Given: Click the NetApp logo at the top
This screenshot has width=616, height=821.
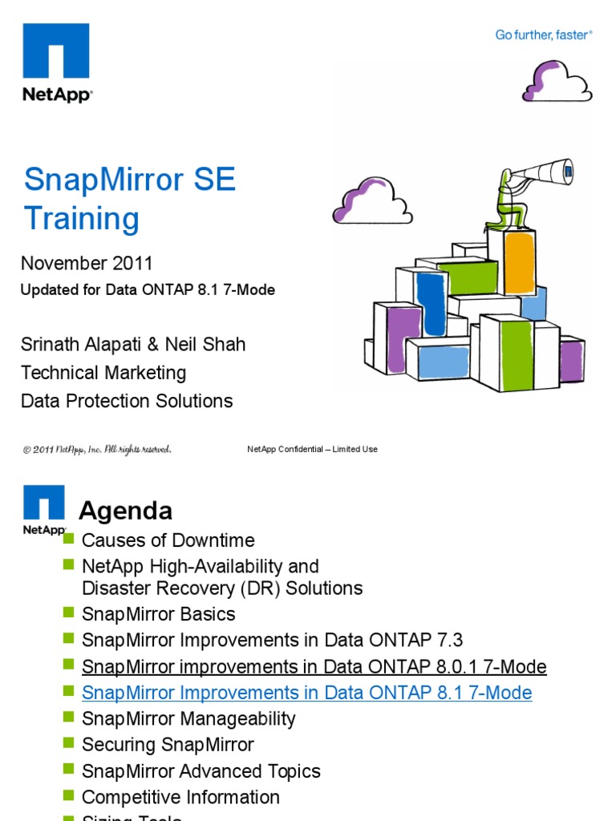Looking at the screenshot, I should click(x=56, y=62).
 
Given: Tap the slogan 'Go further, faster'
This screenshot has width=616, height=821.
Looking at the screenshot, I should click(x=543, y=35).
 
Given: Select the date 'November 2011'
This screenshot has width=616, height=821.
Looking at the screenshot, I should click(x=87, y=263).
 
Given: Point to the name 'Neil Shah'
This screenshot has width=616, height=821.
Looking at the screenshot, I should click(x=206, y=345).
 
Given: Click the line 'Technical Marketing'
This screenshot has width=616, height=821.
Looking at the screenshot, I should click(x=103, y=373).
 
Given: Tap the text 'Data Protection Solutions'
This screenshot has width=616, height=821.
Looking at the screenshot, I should click(x=127, y=401).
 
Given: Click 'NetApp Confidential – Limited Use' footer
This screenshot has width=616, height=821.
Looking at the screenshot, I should click(x=312, y=449).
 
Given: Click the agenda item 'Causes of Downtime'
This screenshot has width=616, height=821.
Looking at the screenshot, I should click(x=168, y=540).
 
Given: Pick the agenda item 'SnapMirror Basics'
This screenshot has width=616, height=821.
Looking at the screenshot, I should click(x=159, y=614).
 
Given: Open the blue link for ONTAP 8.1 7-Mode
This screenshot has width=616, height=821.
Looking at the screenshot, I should click(x=307, y=693).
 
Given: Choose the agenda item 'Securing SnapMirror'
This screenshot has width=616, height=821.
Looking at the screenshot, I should click(x=168, y=745).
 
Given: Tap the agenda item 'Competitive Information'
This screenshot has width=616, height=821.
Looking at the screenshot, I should click(x=181, y=797).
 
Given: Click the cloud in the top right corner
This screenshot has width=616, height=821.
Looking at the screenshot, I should click(x=557, y=80).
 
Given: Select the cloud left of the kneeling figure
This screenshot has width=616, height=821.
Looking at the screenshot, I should click(x=372, y=200).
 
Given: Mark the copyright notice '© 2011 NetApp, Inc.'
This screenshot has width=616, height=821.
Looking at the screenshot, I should click(x=96, y=449).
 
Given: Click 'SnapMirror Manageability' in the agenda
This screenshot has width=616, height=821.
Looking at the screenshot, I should click(x=188, y=718).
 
